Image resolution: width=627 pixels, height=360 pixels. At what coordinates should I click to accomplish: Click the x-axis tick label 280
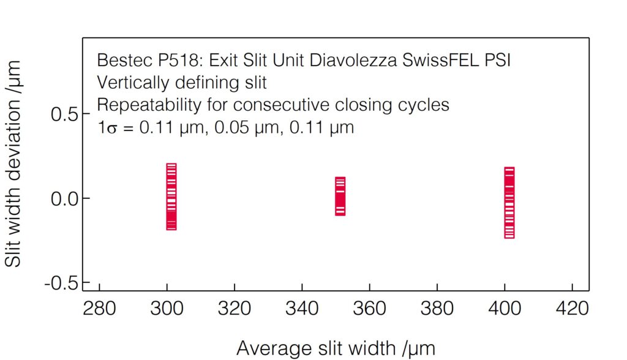coord(99,308)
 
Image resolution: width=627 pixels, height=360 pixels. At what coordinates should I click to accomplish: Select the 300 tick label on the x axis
coord(167,308)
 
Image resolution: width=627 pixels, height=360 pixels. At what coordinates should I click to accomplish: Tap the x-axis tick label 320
coord(235,308)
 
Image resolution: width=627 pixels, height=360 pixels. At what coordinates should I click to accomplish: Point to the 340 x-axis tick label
coord(302,308)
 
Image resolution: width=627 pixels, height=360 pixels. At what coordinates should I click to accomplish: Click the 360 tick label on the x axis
coord(369,308)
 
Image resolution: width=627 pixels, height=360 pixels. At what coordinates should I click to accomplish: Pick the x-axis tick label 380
coord(437,308)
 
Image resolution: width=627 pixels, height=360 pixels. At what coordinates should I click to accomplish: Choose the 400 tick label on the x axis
coord(504,308)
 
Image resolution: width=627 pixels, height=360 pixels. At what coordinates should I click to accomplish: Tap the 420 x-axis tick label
coord(571,308)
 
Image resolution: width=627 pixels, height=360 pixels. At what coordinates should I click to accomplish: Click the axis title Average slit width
coord(336,348)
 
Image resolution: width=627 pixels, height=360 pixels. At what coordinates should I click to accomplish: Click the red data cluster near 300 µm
coord(171,197)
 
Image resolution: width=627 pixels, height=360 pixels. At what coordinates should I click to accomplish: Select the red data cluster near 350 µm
coord(340,196)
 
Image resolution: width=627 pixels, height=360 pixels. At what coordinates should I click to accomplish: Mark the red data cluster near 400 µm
coord(509,202)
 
